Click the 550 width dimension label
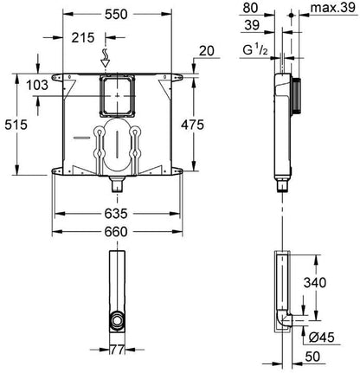pyautogui.click(x=116, y=14)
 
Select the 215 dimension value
pyautogui.click(x=83, y=37)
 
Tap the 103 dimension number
pyautogui.click(x=37, y=85)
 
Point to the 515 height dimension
pyautogui.click(x=16, y=125)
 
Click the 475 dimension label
pyautogui.click(x=192, y=125)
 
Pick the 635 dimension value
pyautogui.click(x=116, y=214)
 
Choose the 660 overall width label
pyautogui.click(x=116, y=232)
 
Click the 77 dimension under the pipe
pyautogui.click(x=117, y=350)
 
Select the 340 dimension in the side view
pyautogui.click(x=315, y=282)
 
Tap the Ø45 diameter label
pyautogui.click(x=321, y=338)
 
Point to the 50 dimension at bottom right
pyautogui.click(x=312, y=357)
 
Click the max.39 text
pyautogui.click(x=333, y=8)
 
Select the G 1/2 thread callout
pyautogui.click(x=255, y=50)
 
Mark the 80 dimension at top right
pyautogui.click(x=250, y=8)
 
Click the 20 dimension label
pyautogui.click(x=207, y=51)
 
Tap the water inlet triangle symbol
pyautogui.click(x=106, y=62)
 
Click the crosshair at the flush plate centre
pyautogui.click(x=117, y=96)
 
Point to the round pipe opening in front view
pyautogui.click(x=117, y=321)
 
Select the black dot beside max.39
pyautogui.click(x=292, y=15)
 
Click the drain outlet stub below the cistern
pyautogui.click(x=117, y=184)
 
